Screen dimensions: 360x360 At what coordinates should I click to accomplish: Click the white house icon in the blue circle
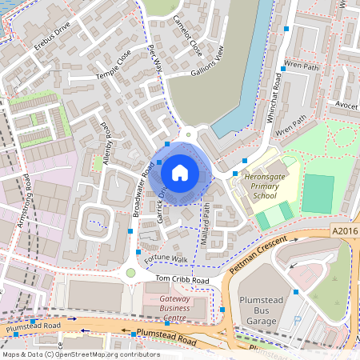coord(179,172)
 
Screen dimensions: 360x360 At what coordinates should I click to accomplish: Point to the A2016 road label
coord(343,230)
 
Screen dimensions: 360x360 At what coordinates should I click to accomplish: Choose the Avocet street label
coord(346,106)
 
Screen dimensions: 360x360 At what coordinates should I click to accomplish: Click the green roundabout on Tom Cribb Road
coord(130,273)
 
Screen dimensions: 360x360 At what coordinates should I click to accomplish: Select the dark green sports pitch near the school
coord(318,194)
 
